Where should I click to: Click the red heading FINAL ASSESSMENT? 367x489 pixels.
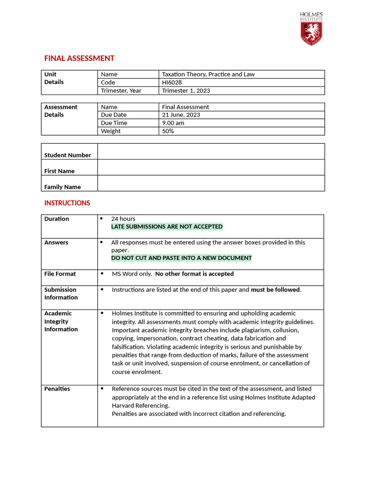(79, 58)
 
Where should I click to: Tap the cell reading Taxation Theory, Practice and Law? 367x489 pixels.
(208, 74)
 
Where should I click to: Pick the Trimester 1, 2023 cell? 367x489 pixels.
(186, 91)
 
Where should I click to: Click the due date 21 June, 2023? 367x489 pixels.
(181, 115)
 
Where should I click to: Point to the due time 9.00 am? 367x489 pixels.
(173, 123)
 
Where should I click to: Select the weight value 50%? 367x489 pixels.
(168, 131)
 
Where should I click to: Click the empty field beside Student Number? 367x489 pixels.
(211, 151)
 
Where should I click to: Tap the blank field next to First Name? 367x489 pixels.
(211, 167)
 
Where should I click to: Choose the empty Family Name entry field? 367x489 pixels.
(211, 183)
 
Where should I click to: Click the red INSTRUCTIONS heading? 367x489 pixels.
(67, 203)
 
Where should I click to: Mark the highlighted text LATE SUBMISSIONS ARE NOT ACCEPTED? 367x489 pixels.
(167, 227)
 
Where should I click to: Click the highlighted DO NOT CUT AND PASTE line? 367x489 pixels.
(181, 258)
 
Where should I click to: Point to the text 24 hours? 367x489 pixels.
(123, 219)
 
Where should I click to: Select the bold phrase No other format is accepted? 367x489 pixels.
(194, 274)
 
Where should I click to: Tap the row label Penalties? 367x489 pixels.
(57, 389)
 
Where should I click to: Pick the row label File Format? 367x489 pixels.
(60, 274)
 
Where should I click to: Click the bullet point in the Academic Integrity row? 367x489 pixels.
(101, 313)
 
